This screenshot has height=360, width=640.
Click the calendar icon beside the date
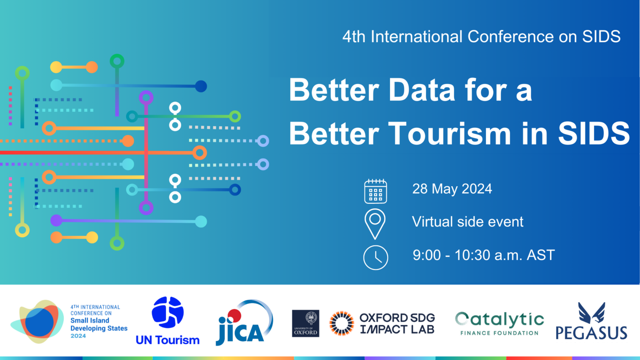[375, 191]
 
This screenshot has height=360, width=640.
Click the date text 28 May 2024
[452, 189]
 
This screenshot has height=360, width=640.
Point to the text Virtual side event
[467, 222]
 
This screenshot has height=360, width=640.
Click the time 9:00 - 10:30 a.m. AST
[483, 255]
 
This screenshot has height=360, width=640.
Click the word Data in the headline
[422, 90]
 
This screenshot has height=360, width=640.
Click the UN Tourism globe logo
[167, 312]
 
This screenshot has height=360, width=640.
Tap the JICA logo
[244, 322]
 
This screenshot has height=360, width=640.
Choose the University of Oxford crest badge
[305, 323]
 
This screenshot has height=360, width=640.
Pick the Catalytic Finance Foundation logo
[500, 323]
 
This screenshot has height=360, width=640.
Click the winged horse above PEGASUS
[592, 313]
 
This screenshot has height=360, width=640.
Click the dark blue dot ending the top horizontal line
[201, 86]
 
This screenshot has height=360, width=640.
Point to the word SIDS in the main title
[594, 134]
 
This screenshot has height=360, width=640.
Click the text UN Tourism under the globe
[167, 340]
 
